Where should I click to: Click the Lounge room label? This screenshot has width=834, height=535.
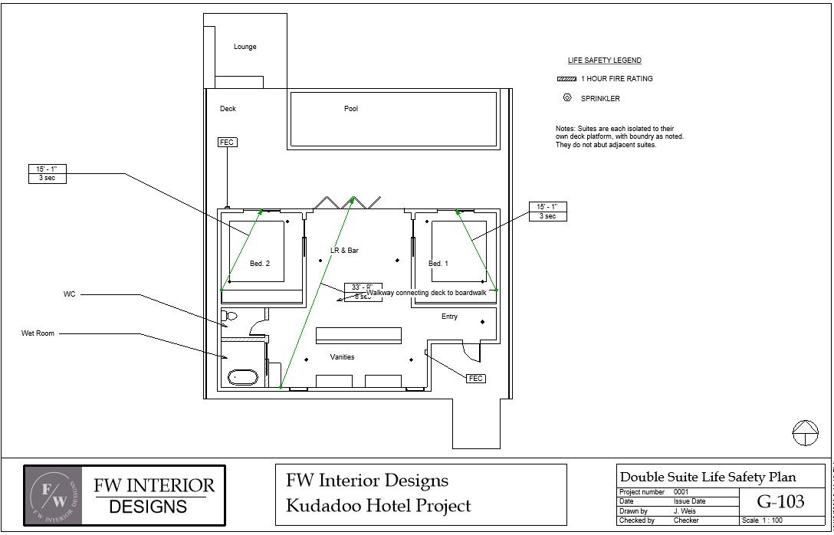pyautogui.click(x=245, y=47)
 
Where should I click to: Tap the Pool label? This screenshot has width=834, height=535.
pyautogui.click(x=351, y=109)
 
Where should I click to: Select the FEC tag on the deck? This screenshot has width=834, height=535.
pyautogui.click(x=227, y=143)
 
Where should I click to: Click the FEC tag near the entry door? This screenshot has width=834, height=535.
pyautogui.click(x=476, y=379)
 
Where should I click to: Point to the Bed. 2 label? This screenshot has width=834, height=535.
pyautogui.click(x=260, y=264)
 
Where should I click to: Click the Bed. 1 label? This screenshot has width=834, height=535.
pyautogui.click(x=438, y=264)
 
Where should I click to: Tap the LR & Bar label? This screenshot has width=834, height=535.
pyautogui.click(x=344, y=251)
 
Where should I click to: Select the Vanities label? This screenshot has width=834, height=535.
pyautogui.click(x=342, y=357)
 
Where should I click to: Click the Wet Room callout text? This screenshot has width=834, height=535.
pyautogui.click(x=38, y=333)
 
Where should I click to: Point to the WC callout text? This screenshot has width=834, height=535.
pyautogui.click(x=70, y=294)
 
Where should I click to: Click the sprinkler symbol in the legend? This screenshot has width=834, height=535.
pyautogui.click(x=567, y=97)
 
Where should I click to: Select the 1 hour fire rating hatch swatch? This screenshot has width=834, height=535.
pyautogui.click(x=566, y=79)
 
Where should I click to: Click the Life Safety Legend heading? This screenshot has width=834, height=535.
pyautogui.click(x=604, y=61)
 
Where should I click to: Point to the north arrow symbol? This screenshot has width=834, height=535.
pyautogui.click(x=805, y=432)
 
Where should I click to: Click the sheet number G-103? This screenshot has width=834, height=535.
pyautogui.click(x=780, y=502)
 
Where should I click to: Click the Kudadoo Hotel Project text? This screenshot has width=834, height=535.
pyautogui.click(x=378, y=506)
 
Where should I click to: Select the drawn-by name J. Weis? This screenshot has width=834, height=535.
pyautogui.click(x=685, y=511)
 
